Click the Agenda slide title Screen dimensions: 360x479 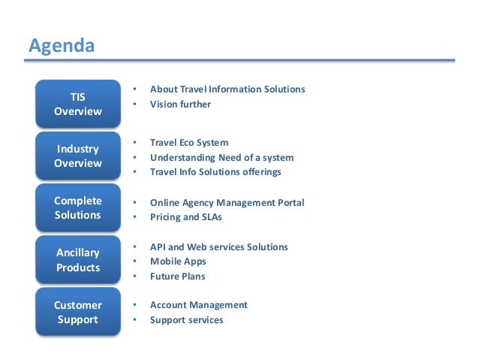pyautogui.click(x=62, y=46)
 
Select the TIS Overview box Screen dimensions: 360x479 pyautogui.click(x=77, y=104)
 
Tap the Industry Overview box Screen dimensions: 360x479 pyautogui.click(x=77, y=156)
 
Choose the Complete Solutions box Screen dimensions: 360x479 pyautogui.click(x=77, y=207)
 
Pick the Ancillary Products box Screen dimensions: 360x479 pyautogui.click(x=77, y=260)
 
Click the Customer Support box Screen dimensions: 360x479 pyautogui.click(x=77, y=312)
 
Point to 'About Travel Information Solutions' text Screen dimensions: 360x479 pyautogui.click(x=227, y=89)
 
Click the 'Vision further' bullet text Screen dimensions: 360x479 pyautogui.click(x=180, y=104)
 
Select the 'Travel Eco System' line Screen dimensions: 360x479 pyautogui.click(x=188, y=143)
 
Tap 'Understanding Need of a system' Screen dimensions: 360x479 pyautogui.click(x=221, y=158)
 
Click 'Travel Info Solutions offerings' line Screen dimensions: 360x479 pyautogui.click(x=215, y=172)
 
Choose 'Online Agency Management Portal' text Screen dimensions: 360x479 pyautogui.click(x=227, y=203)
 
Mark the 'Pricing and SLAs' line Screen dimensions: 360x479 pyautogui.click(x=185, y=217)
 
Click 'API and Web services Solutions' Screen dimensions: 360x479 pyautogui.click(x=218, y=247)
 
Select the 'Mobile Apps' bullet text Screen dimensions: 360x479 pyautogui.click(x=177, y=262)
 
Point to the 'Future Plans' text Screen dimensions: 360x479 pyautogui.click(x=177, y=277)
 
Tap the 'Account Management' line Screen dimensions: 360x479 pyautogui.click(x=198, y=305)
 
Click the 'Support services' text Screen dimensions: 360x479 pyautogui.click(x=186, y=320)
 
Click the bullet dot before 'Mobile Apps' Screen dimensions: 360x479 pyautogui.click(x=134, y=262)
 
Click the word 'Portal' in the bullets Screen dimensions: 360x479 pyautogui.click(x=290, y=203)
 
